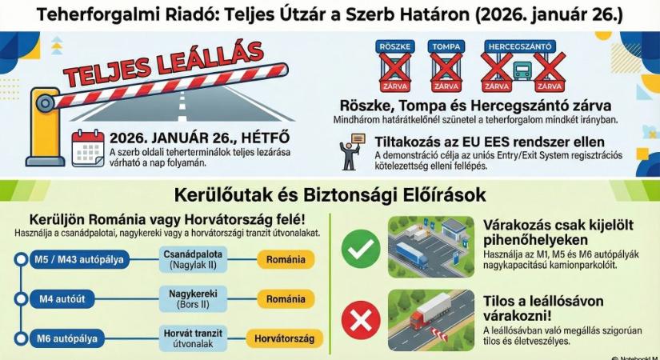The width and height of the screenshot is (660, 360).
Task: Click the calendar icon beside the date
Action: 87,147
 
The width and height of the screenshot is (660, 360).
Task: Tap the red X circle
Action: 361,320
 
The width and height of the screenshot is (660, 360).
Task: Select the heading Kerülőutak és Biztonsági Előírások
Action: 330,196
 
